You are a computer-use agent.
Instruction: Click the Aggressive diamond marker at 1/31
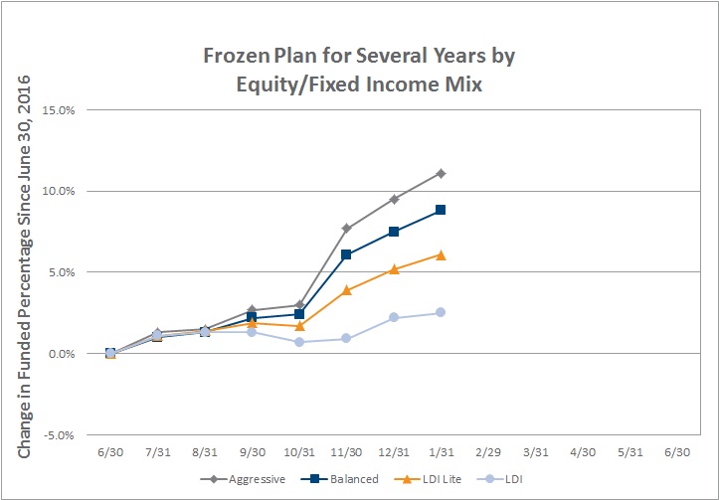[441, 174]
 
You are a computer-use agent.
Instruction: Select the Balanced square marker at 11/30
[346, 254]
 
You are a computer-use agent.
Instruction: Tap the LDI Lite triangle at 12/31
[394, 269]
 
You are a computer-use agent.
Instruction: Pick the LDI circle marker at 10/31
[299, 342]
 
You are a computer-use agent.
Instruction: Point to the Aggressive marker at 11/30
[346, 229]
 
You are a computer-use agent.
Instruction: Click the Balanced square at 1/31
[441, 210]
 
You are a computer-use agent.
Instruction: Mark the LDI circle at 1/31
[441, 312]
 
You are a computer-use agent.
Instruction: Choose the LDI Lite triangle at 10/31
[299, 326]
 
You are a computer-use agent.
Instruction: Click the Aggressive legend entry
[243, 479]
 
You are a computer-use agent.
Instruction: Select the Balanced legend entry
[340, 479]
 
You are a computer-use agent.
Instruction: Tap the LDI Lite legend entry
[428, 479]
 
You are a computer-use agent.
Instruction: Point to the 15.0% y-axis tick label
[59, 110]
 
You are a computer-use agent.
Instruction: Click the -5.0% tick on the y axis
[59, 435]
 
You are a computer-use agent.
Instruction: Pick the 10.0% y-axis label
[59, 191]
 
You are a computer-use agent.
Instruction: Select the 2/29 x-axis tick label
[488, 452]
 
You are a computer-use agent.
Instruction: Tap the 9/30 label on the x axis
[253, 452]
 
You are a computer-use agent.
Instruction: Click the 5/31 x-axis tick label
[630, 452]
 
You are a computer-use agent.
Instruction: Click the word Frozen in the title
[236, 56]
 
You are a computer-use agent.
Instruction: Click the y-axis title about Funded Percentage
[24, 266]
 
